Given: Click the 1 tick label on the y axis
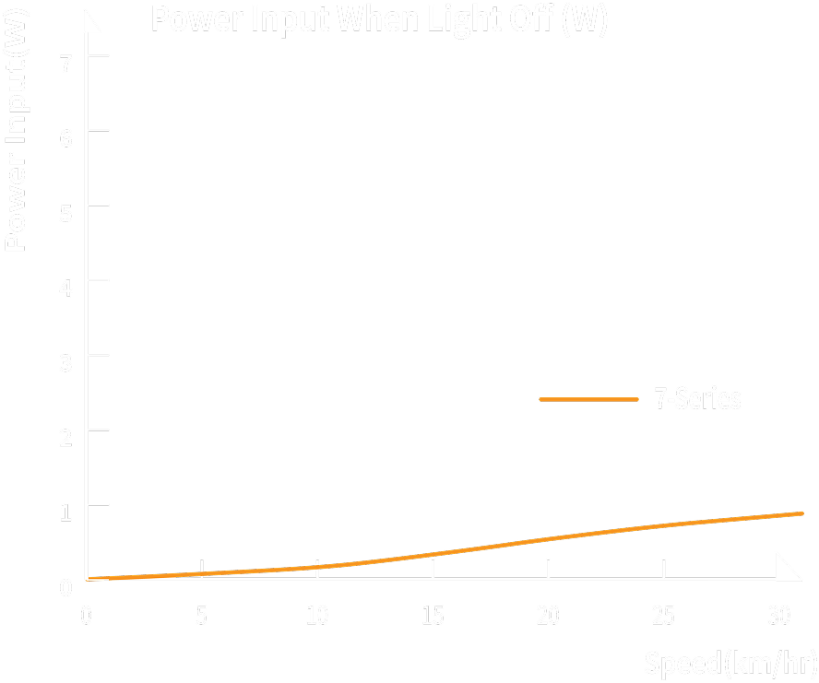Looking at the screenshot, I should tap(65, 511).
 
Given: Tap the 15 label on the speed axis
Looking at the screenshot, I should tap(433, 616).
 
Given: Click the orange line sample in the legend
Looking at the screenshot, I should tap(588, 399).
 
